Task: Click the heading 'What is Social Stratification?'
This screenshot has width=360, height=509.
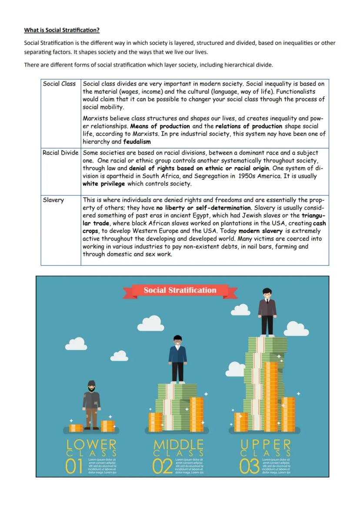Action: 62,30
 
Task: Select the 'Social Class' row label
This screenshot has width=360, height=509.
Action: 59,84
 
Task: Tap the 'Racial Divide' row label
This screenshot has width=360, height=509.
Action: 60,153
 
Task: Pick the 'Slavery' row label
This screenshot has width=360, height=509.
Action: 53,200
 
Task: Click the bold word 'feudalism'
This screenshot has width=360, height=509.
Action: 137,142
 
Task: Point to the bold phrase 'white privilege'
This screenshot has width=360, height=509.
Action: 103,184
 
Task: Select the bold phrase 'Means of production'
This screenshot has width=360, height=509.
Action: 160,126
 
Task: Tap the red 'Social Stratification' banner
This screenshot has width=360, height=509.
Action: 180,290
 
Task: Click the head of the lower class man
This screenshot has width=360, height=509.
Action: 91,386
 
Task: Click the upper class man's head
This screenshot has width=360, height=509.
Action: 267,293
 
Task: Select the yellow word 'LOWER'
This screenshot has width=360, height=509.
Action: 91,444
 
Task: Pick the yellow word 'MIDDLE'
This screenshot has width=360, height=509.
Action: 178,444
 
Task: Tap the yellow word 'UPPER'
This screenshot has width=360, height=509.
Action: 266,444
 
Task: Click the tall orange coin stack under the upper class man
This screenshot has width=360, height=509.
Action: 271,396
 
